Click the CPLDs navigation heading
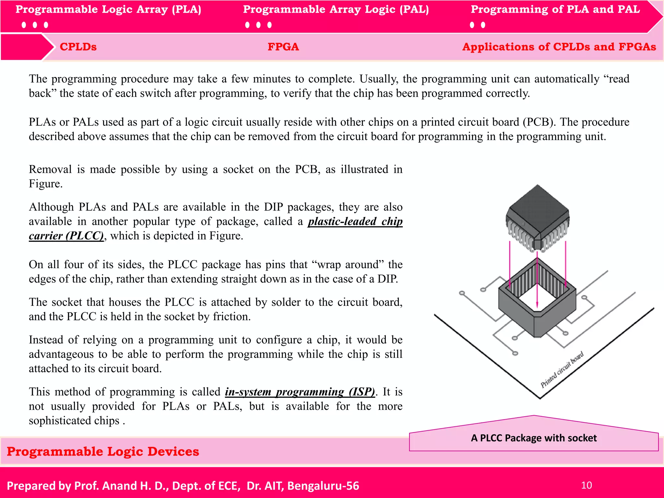click(x=78, y=47)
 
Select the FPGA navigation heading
click(x=283, y=47)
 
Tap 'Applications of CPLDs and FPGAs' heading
click(x=559, y=47)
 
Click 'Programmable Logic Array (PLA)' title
click(x=108, y=9)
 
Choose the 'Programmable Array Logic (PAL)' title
click(x=336, y=9)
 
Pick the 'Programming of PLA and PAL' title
click(x=555, y=9)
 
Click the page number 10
click(x=586, y=485)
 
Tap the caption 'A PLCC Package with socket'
click(x=534, y=438)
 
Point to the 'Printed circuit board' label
click(x=562, y=370)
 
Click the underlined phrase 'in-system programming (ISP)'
click(x=300, y=392)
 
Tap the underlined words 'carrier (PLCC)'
click(x=66, y=236)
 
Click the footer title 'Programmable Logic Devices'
click(x=103, y=452)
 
